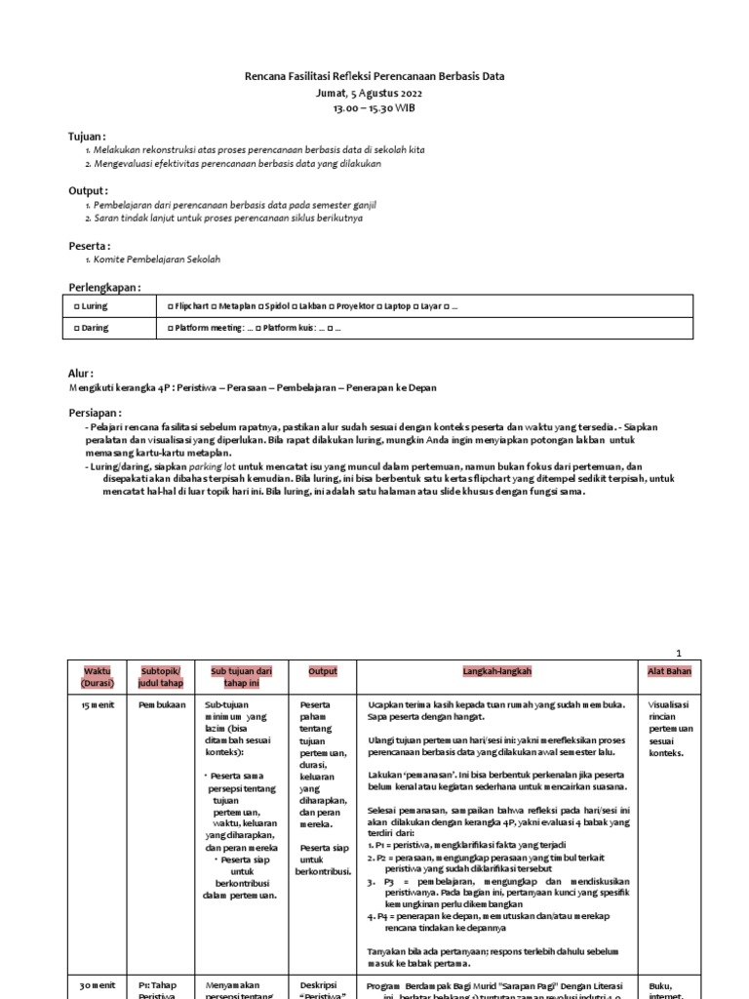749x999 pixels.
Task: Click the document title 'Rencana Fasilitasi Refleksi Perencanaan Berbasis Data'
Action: click(374, 76)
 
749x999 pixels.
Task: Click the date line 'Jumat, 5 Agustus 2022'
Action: click(374, 92)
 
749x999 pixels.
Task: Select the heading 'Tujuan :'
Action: click(87, 137)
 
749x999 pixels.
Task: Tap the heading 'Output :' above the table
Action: click(88, 190)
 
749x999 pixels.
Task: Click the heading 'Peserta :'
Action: click(89, 245)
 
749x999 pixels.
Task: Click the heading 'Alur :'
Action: click(81, 373)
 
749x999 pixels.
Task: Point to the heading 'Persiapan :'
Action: click(96, 414)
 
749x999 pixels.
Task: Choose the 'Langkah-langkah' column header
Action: click(497, 671)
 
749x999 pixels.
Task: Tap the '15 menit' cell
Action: click(86, 704)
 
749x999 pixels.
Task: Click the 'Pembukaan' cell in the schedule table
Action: click(161, 704)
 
